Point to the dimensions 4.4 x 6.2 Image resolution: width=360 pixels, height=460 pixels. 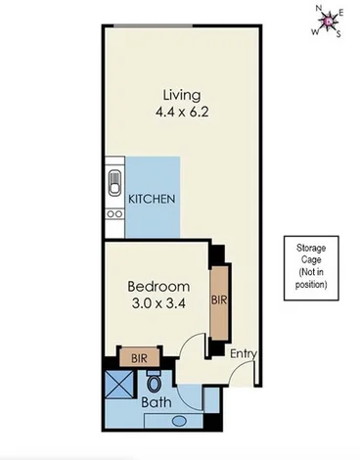pyautogui.click(x=183, y=112)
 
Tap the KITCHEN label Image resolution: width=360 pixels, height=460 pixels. pyautogui.click(x=152, y=199)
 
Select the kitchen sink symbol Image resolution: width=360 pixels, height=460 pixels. pyautogui.click(x=113, y=183)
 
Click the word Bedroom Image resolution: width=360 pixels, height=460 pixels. pyautogui.click(x=157, y=286)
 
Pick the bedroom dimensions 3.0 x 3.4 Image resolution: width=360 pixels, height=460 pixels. pyautogui.click(x=157, y=303)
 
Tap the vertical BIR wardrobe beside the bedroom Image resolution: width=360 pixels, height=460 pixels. pyautogui.click(x=217, y=302)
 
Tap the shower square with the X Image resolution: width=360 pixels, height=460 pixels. pyautogui.click(x=120, y=391)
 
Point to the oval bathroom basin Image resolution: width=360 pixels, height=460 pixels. pyautogui.click(x=179, y=421)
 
